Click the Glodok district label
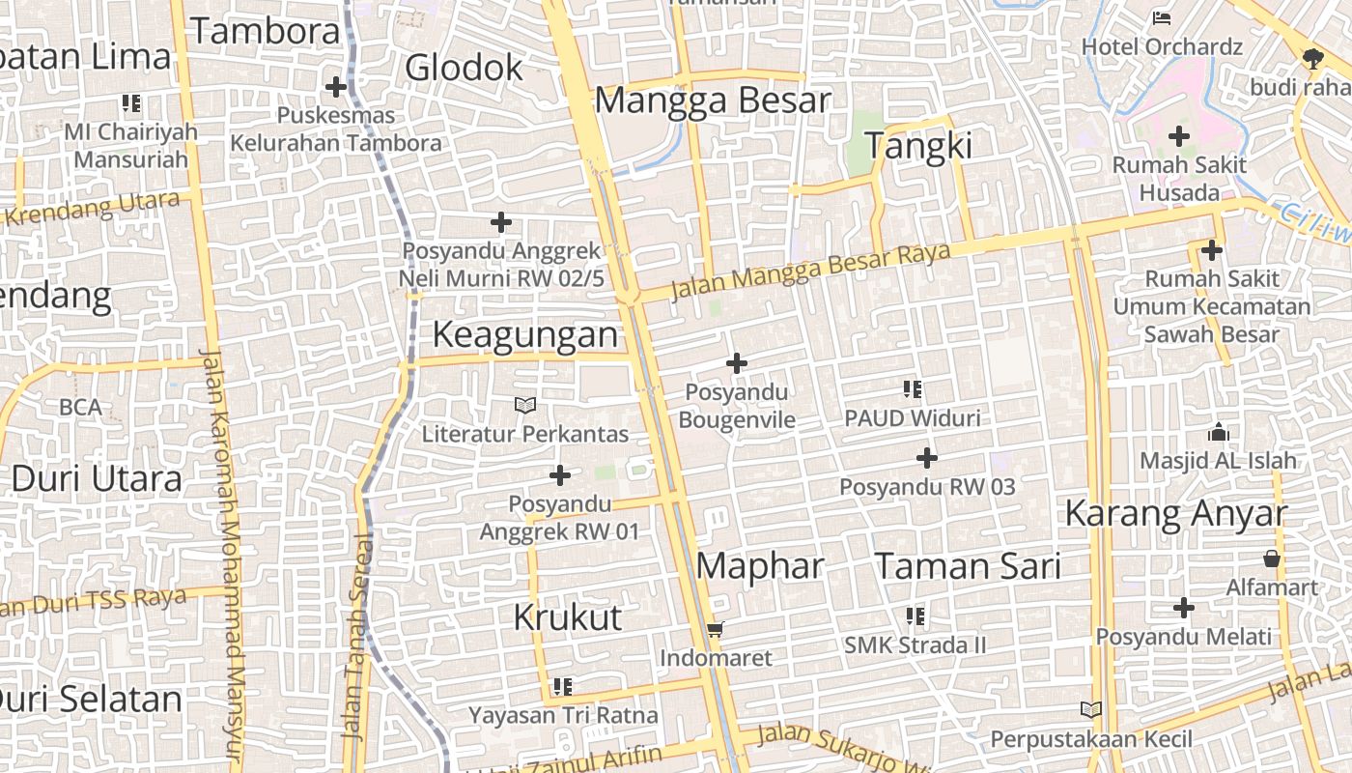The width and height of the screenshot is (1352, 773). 464,68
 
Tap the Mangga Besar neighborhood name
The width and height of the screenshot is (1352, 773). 713,100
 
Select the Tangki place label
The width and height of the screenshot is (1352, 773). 917,146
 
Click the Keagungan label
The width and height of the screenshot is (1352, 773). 524,334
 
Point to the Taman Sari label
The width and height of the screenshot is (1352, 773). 968,565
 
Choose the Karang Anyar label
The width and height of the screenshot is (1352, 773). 1175,513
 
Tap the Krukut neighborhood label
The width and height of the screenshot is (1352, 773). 567,616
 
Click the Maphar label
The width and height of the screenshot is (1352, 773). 760,565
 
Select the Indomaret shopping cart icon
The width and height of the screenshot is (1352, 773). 715,630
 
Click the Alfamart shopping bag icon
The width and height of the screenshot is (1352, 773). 1272,558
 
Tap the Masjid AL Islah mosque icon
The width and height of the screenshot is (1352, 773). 1219,432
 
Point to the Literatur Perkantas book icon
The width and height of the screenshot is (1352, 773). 525,406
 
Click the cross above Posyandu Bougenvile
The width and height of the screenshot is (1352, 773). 737,363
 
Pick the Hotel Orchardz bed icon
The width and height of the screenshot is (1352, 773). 1162,18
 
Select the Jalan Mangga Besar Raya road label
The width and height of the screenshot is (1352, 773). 810,269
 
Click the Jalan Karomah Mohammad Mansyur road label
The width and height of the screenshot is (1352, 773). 221,556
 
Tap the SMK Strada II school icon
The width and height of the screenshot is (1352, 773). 915,616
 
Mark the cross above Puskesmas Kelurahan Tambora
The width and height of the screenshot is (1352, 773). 336,87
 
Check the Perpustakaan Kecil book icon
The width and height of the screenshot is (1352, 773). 1091,710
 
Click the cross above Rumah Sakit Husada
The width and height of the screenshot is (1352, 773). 1179,136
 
